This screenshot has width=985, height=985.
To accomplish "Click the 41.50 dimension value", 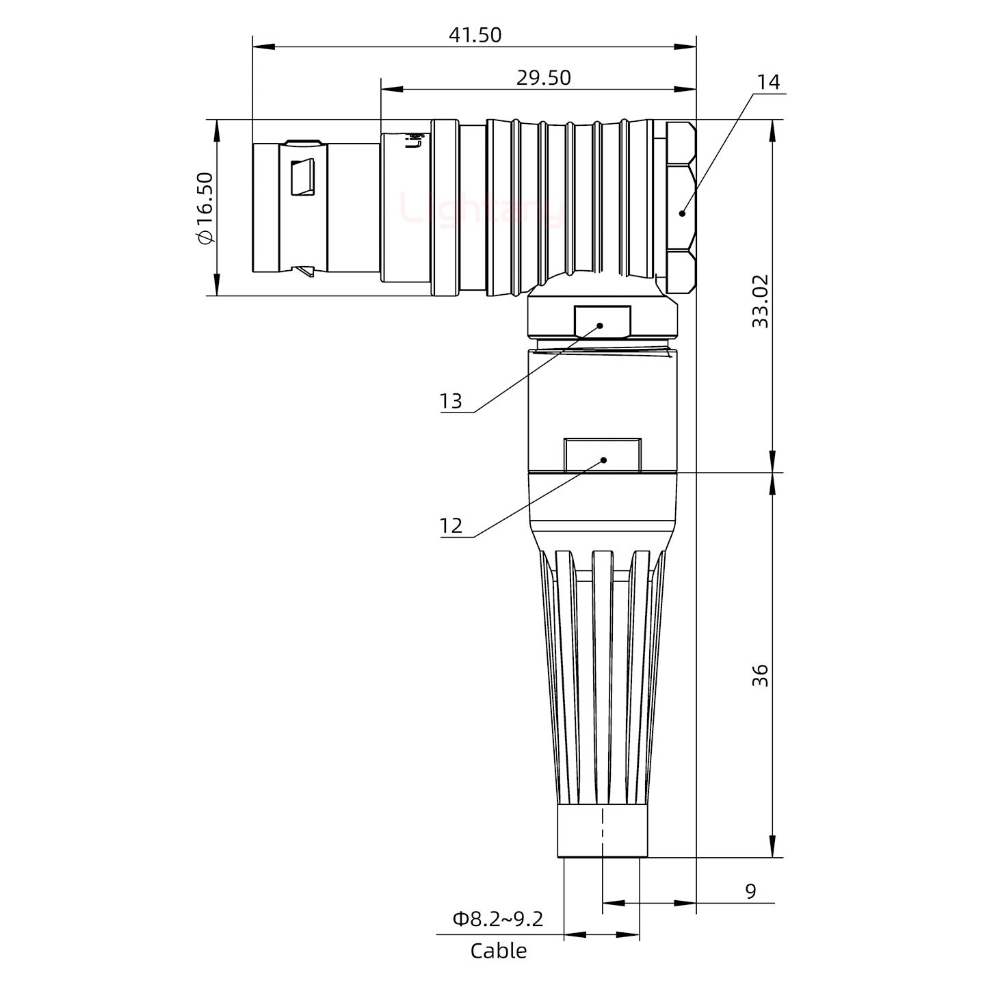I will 475,35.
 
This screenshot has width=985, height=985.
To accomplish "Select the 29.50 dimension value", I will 543,78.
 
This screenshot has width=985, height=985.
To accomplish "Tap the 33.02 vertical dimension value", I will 760,301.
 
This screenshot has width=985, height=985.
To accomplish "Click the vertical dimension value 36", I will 760,675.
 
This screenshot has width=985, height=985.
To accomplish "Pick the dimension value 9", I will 750,892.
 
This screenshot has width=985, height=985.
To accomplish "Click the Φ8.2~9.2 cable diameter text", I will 497,919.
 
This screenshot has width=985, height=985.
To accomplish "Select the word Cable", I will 498,951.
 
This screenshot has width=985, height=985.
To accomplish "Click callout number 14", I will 768,82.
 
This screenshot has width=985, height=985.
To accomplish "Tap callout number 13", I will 451,401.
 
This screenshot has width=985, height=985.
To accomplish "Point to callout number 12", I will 451,526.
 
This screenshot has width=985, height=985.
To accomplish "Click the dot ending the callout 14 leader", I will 682,213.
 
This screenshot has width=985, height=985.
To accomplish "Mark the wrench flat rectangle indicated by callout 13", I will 602,322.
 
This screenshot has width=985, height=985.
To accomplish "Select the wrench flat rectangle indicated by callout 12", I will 602,455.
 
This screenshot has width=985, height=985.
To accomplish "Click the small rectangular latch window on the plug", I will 302,178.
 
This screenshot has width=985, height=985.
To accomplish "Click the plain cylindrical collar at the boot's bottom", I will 602,831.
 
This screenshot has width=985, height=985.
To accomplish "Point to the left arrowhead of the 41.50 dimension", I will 263,47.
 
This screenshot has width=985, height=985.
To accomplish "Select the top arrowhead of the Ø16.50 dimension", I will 217,130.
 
